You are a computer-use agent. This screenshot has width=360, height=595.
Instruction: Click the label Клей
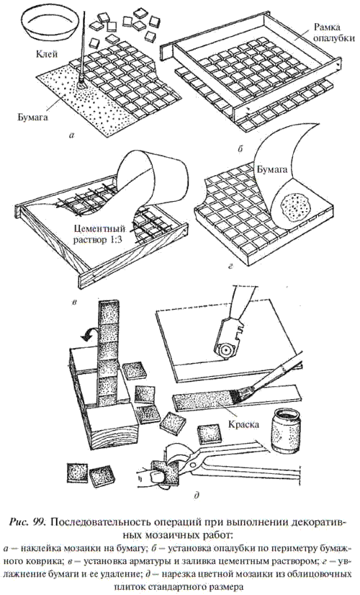pos(46,54)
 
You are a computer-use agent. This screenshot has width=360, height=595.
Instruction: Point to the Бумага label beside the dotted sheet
pos(32,117)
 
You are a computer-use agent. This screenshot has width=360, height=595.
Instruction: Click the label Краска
pos(243,424)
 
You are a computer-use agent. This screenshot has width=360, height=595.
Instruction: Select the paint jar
pos(287,429)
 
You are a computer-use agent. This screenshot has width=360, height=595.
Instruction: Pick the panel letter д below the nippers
pos(196,494)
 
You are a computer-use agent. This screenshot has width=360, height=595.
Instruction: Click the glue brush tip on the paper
pos(81,83)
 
